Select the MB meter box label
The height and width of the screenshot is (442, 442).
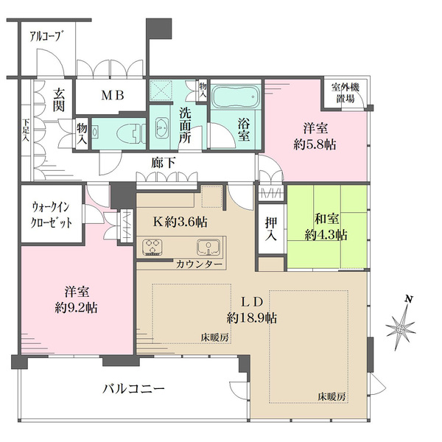coord(112,95)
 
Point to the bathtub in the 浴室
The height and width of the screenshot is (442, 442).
coord(236,97)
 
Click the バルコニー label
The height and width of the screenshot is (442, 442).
coord(133,388)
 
